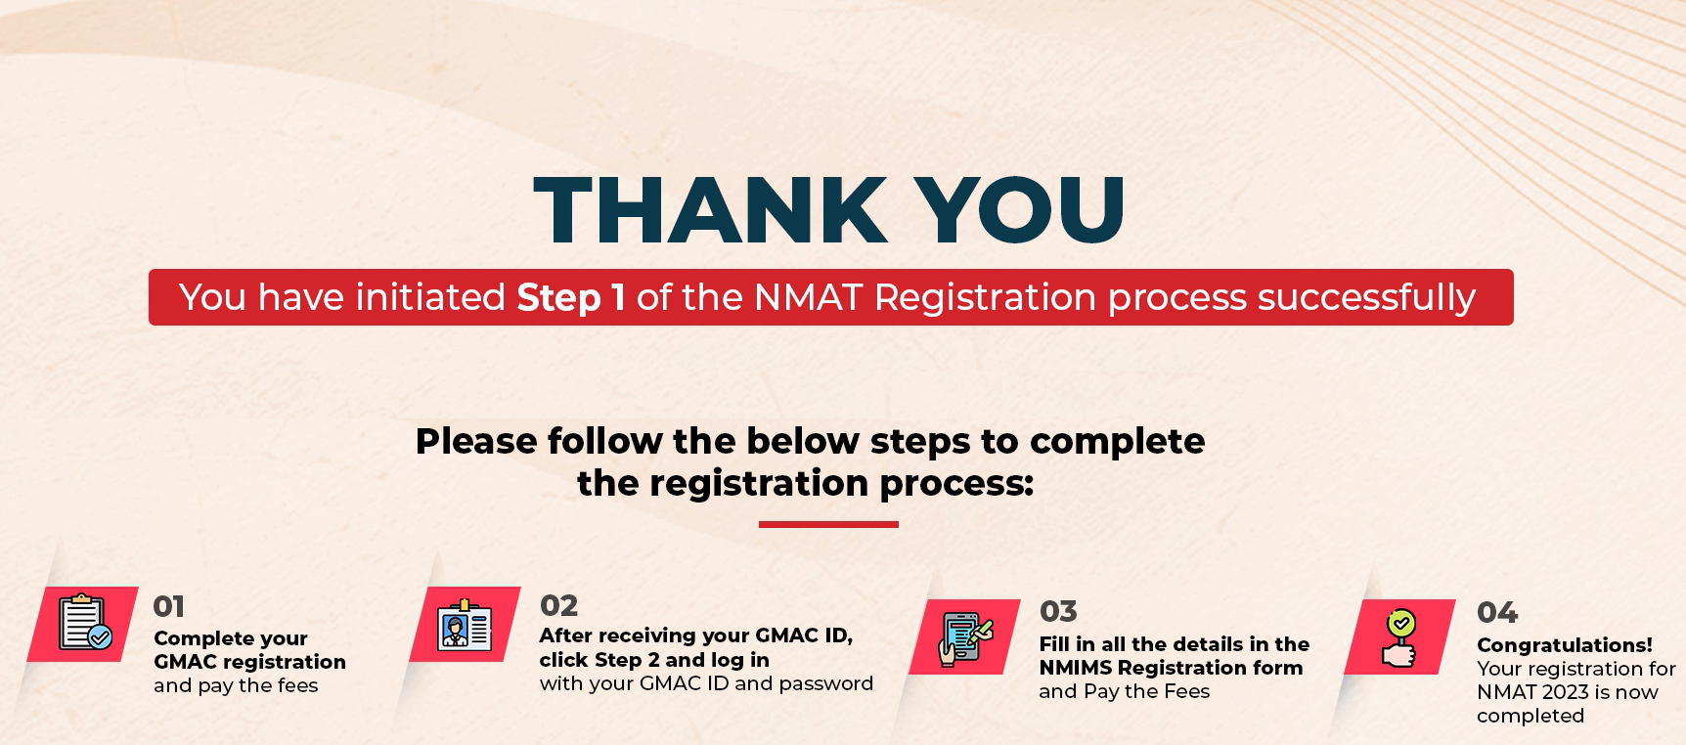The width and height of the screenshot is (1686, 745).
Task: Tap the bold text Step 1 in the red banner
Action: [571, 297]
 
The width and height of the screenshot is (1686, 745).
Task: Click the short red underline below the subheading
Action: [828, 525]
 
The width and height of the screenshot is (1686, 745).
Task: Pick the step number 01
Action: [169, 606]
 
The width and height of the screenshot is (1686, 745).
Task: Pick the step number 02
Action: [558, 605]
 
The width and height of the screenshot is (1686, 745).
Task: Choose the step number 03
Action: [1058, 611]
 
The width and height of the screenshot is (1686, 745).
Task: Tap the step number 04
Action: [1497, 612]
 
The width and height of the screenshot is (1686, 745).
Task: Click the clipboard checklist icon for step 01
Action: [85, 623]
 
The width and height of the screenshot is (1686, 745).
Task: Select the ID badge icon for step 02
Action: [465, 625]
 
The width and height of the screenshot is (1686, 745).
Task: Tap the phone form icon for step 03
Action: [966, 638]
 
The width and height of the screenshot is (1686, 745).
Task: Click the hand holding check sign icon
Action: [1399, 637]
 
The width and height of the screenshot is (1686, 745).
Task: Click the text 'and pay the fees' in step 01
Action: [236, 685]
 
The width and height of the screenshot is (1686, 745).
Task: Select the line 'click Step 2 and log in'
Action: [654, 660]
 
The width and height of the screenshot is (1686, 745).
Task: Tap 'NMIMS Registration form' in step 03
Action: [1171, 668]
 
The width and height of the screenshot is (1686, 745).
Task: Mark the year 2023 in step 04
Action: [1565, 692]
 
